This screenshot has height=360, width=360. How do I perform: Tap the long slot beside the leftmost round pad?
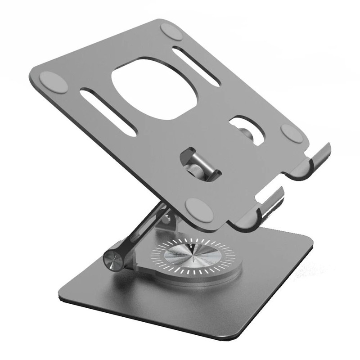pyautogui.click(x=108, y=112)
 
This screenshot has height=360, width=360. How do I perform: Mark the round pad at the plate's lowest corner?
pyautogui.click(x=199, y=210)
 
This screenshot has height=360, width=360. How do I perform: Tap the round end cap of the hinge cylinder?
pyautogui.click(x=111, y=260)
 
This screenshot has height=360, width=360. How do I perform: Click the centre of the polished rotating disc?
pyautogui.click(x=193, y=256)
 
